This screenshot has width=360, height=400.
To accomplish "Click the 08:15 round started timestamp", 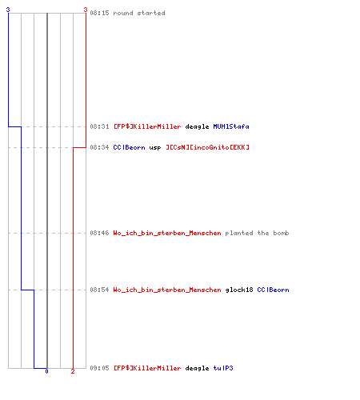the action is tap(99, 13).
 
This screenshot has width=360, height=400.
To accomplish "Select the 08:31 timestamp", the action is tap(99, 126).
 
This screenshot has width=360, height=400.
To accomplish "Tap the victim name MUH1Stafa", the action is tap(231, 126).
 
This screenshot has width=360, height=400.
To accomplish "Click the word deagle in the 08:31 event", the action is tap(197, 126).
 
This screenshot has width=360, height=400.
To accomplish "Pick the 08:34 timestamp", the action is tap(99, 147).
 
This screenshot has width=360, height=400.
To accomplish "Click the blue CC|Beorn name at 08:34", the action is tap(130, 147).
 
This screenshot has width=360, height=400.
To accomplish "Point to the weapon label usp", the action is tap(155, 148).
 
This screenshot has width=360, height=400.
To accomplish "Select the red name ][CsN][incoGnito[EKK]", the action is tap(208, 147).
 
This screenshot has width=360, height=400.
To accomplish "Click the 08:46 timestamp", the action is tap(99, 233).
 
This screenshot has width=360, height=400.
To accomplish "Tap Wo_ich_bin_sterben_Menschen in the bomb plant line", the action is tap(167, 233).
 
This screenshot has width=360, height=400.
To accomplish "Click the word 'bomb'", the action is tap(281, 233).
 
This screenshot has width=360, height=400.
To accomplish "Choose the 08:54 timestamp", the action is tap(99, 290).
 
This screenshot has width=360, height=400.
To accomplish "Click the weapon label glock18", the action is tap(239, 290).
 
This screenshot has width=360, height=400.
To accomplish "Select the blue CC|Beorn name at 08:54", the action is tap(273, 290).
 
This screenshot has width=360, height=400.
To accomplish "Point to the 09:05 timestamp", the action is tap(99, 368).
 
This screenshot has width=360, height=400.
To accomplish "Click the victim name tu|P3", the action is tap(223, 368).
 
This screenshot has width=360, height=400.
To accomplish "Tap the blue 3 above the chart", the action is tap(8, 10).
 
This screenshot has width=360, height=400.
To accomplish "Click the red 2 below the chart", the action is tap(73, 371).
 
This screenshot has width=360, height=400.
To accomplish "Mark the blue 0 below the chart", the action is tap(46, 371).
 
